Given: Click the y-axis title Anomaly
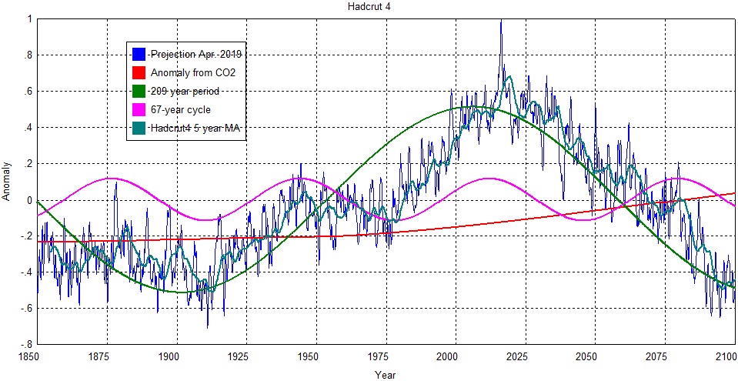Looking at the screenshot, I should tap(7, 181).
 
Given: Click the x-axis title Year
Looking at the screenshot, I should tap(385, 375).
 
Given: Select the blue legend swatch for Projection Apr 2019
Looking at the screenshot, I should tap(139, 54).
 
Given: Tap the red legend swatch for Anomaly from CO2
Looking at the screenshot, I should tap(139, 72).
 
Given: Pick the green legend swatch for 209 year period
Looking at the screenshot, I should tap(139, 91).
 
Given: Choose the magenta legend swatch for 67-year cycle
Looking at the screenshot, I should tap(139, 110).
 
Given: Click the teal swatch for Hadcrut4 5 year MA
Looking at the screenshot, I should tap(139, 129).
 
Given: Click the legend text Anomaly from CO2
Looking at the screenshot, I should tap(192, 72).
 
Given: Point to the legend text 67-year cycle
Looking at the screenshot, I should tap(180, 110).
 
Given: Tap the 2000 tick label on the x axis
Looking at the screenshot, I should tap(448, 357).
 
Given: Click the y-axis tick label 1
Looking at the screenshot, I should tap(28, 20).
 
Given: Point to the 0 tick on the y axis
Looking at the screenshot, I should tap(28, 200).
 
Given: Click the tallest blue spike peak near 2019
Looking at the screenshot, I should tap(501, 22).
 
